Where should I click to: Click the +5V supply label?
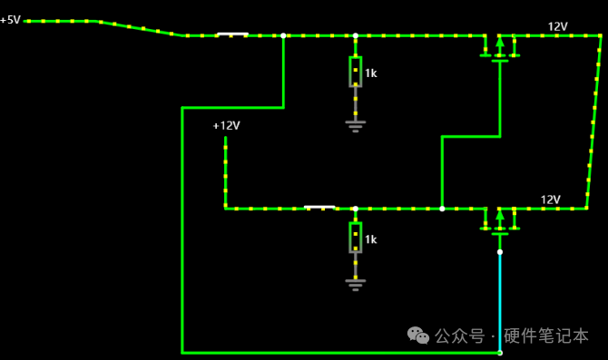click(11, 19)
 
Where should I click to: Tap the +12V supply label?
click(227, 125)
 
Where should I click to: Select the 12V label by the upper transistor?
click(557, 26)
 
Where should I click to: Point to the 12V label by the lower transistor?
click(550, 199)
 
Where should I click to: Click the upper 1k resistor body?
click(355, 72)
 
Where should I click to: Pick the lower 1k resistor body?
click(355, 238)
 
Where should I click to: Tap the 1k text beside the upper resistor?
click(370, 73)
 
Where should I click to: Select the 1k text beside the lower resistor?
click(370, 239)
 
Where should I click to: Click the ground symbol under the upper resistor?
click(355, 126)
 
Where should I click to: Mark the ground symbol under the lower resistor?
click(355, 285)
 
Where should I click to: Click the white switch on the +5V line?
click(232, 34)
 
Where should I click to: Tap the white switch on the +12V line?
click(319, 208)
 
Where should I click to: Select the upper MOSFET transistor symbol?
click(500, 48)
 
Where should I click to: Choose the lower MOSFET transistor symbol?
click(500, 221)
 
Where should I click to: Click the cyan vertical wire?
click(500, 302)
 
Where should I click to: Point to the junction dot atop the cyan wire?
click(500, 252)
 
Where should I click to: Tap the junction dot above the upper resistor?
click(355, 35)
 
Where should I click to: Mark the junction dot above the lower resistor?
click(355, 209)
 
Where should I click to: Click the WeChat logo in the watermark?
click(418, 336)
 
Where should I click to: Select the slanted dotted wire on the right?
click(593, 122)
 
